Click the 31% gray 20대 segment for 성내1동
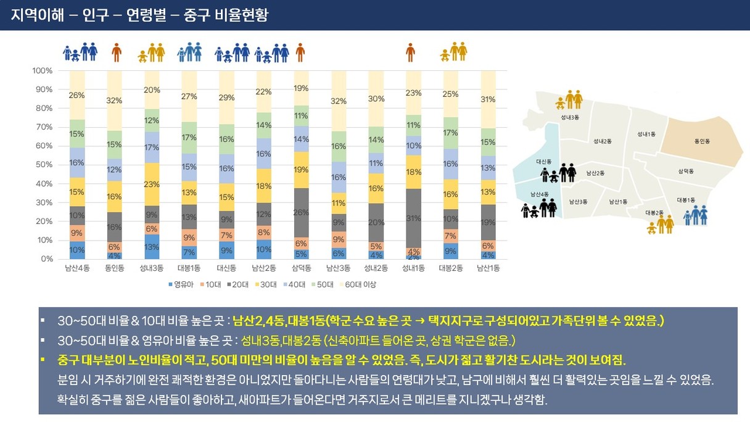click(x=413, y=218)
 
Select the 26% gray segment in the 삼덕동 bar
click(x=301, y=213)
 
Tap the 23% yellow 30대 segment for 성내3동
click(x=152, y=184)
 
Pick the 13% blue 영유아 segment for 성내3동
click(x=152, y=247)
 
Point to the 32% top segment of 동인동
click(x=114, y=101)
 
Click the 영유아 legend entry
click(x=181, y=284)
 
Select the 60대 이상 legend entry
click(x=358, y=284)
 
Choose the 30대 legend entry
click(x=266, y=284)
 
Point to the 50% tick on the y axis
click(x=44, y=165)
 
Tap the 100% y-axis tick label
click(x=43, y=71)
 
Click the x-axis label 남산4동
click(x=77, y=268)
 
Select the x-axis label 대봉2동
click(x=451, y=268)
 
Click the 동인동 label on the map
click(x=702, y=141)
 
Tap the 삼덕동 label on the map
click(x=686, y=172)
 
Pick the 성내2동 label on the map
click(x=603, y=141)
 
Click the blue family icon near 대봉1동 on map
click(x=696, y=215)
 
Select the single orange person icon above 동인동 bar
click(x=117, y=52)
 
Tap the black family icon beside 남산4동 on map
click(x=538, y=208)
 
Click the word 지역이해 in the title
click(x=37, y=15)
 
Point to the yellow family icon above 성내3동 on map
click(x=569, y=100)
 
